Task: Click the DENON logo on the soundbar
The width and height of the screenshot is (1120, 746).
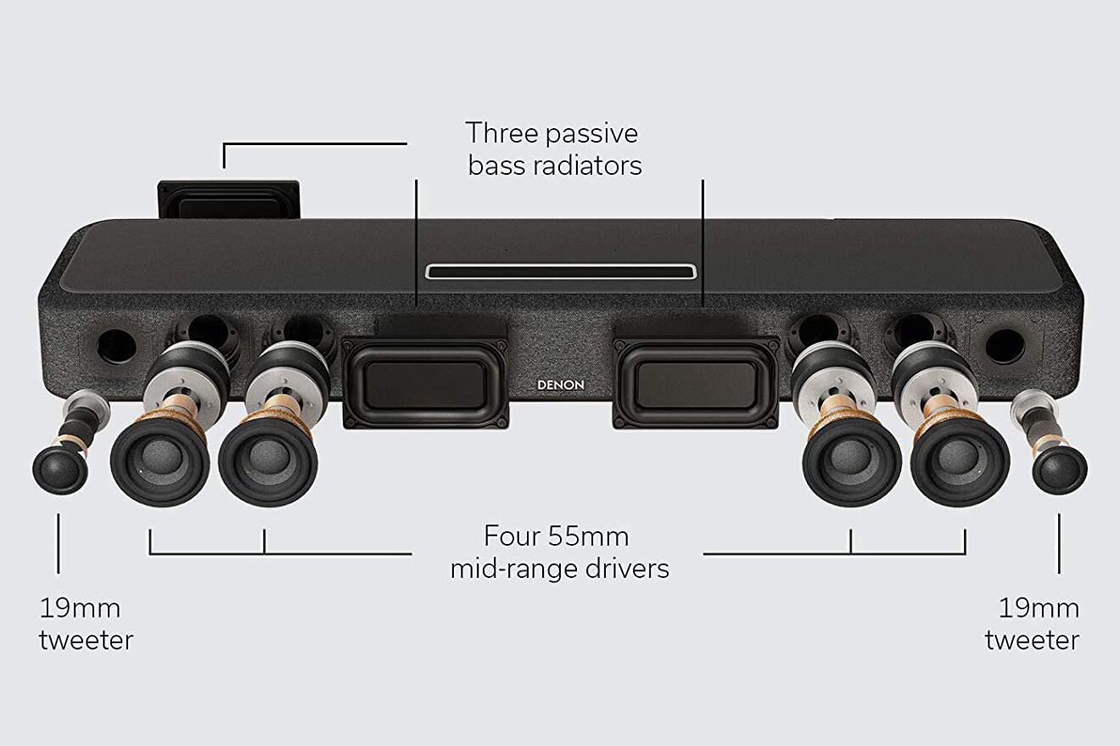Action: point(561,385)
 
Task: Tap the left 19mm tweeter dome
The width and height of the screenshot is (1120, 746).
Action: point(60,469)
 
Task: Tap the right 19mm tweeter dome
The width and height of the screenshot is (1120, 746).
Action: point(1059,469)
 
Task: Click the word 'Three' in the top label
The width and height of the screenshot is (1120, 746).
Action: point(501,133)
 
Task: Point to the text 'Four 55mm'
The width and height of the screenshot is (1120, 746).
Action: point(556,536)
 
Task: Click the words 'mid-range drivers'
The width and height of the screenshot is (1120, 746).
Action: point(559,569)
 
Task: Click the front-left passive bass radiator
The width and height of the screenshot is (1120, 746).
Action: point(425,384)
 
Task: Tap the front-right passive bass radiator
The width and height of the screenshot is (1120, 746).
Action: point(696,384)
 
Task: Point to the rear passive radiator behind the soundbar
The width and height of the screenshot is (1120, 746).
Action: point(229,200)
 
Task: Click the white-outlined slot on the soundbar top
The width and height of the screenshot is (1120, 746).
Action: point(561,272)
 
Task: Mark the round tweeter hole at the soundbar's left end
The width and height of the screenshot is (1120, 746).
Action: point(117,346)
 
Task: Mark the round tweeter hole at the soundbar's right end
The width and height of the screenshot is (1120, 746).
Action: point(1005,346)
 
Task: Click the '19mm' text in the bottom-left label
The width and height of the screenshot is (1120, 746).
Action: point(80,609)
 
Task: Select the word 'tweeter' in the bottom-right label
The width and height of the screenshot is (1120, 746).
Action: point(1032,641)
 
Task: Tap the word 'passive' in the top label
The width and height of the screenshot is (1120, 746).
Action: point(592,134)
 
